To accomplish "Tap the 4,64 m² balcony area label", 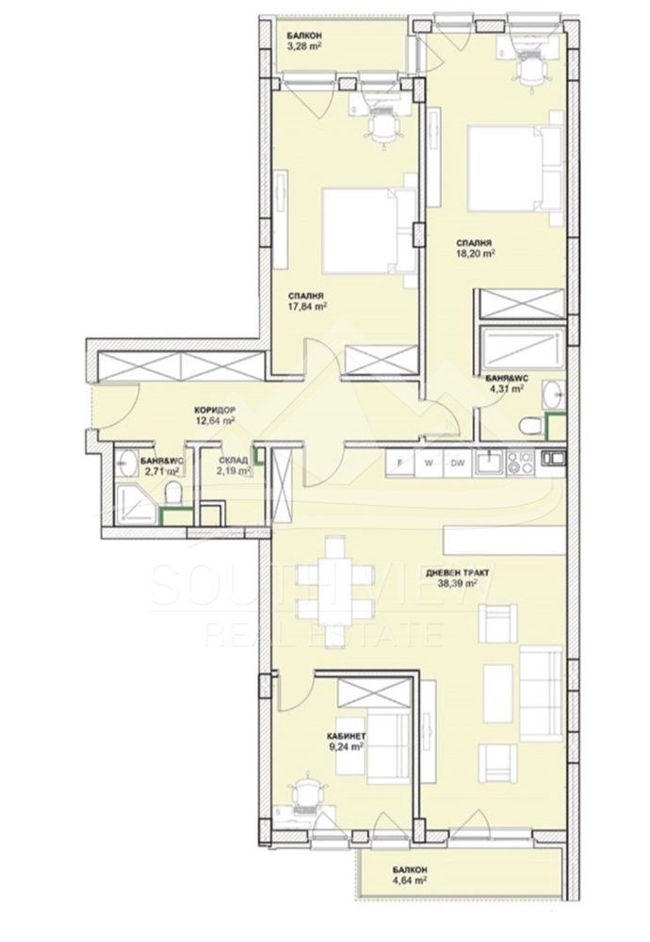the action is (x=411, y=881).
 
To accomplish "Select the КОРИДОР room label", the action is (x=215, y=411).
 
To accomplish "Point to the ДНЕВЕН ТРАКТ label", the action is (x=458, y=573).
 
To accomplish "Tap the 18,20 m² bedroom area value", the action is (x=475, y=253).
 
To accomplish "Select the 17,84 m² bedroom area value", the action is (x=307, y=306).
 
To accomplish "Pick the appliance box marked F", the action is (x=399, y=463).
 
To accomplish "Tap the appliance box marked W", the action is (x=429, y=463).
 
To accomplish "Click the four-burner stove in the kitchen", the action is (x=520, y=463).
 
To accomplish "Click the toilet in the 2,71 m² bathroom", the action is (x=173, y=493).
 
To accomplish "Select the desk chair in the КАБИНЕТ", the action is (x=304, y=794).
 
